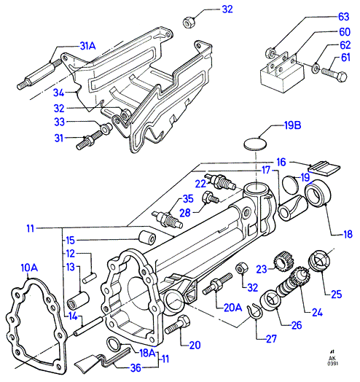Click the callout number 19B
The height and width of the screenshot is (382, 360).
tap(292, 125)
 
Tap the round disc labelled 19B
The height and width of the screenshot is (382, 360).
tap(255, 144)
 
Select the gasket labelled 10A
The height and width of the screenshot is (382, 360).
tap(36, 324)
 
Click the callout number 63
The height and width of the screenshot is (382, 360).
tap(343, 17)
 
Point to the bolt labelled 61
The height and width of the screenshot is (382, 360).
tap(334, 73)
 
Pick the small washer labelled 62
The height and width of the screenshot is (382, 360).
tap(316, 68)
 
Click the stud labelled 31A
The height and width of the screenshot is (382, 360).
tap(39, 74)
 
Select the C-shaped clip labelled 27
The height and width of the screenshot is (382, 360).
tap(254, 312)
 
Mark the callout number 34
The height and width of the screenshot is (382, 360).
tap(59, 93)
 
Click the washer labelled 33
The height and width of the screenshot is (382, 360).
tap(106, 128)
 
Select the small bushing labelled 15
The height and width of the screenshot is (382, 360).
tap(147, 237)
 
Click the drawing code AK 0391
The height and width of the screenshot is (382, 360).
tap(332, 358)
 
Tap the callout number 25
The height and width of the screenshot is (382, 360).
tap(337, 295)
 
